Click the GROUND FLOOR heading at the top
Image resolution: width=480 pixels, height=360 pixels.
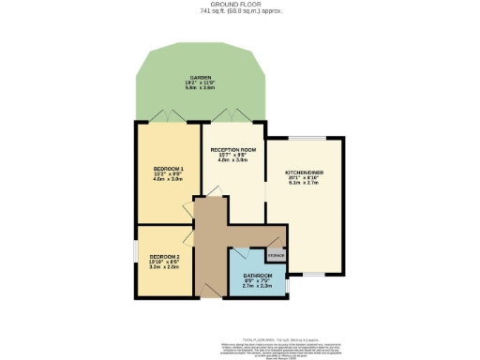[x=240, y=6]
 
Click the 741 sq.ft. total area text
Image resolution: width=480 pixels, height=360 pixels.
[x=240, y=12]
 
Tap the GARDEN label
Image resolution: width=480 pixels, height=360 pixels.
[x=201, y=78]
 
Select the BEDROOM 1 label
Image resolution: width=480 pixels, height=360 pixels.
[x=169, y=167]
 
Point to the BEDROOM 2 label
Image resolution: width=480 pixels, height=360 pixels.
[x=165, y=255]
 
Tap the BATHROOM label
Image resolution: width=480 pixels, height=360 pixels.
[x=257, y=275]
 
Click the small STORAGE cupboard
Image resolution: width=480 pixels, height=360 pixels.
[x=276, y=254]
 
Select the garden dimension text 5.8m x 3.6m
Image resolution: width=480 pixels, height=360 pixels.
[x=201, y=89]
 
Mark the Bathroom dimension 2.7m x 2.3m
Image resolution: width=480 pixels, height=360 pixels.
[x=257, y=286]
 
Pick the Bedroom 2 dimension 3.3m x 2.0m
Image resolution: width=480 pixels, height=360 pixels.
[x=165, y=266]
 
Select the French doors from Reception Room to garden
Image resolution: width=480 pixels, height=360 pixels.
[x=230, y=116]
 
